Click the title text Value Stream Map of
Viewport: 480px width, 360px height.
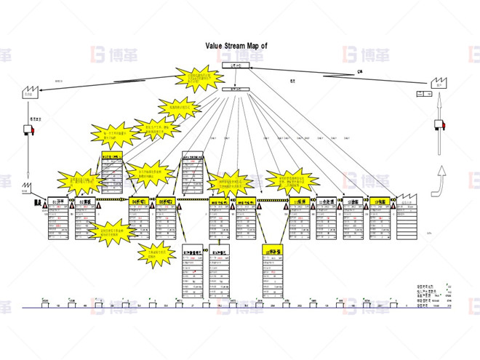tap(236, 44)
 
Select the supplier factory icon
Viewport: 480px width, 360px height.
tap(30, 92)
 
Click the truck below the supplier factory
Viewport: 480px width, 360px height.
tap(30, 130)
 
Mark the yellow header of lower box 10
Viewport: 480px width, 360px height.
tap(273, 250)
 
